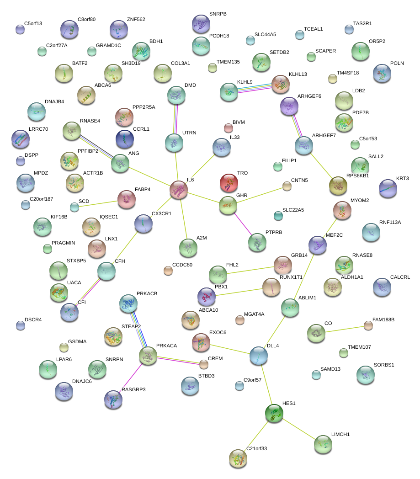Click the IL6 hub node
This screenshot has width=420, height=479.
pyautogui.click(x=179, y=190)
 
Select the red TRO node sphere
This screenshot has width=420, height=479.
pyautogui.click(x=229, y=182)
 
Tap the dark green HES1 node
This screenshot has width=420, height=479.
pyautogui.click(x=274, y=413)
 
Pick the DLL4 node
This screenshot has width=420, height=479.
pyautogui.click(x=259, y=355)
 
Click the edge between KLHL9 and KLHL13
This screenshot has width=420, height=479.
pyautogui.click(x=255, y=87)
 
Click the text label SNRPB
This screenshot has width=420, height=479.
pyautogui.click(x=218, y=14)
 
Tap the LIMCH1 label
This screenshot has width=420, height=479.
pyautogui.click(x=340, y=434)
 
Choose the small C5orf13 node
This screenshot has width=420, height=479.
pyautogui.click(x=20, y=29)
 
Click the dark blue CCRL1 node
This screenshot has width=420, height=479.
pyautogui.click(x=124, y=139)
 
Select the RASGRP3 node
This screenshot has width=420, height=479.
pyautogui.click(x=113, y=399)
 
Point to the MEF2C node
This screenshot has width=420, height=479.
pyautogui.click(x=318, y=245)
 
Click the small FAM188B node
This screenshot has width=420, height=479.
pyautogui.click(x=368, y=325)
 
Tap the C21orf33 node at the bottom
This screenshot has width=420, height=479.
pyautogui.click(x=238, y=458)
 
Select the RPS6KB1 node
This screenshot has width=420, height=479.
pyautogui.click(x=338, y=185)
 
